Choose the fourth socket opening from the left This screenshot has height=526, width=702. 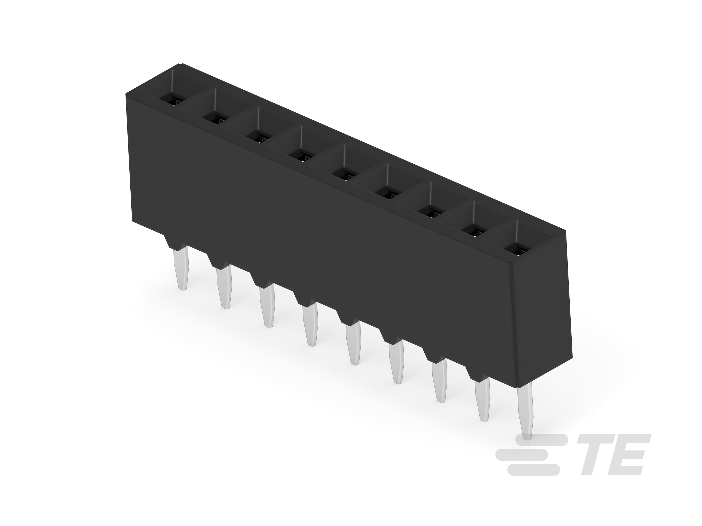[302, 155]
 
